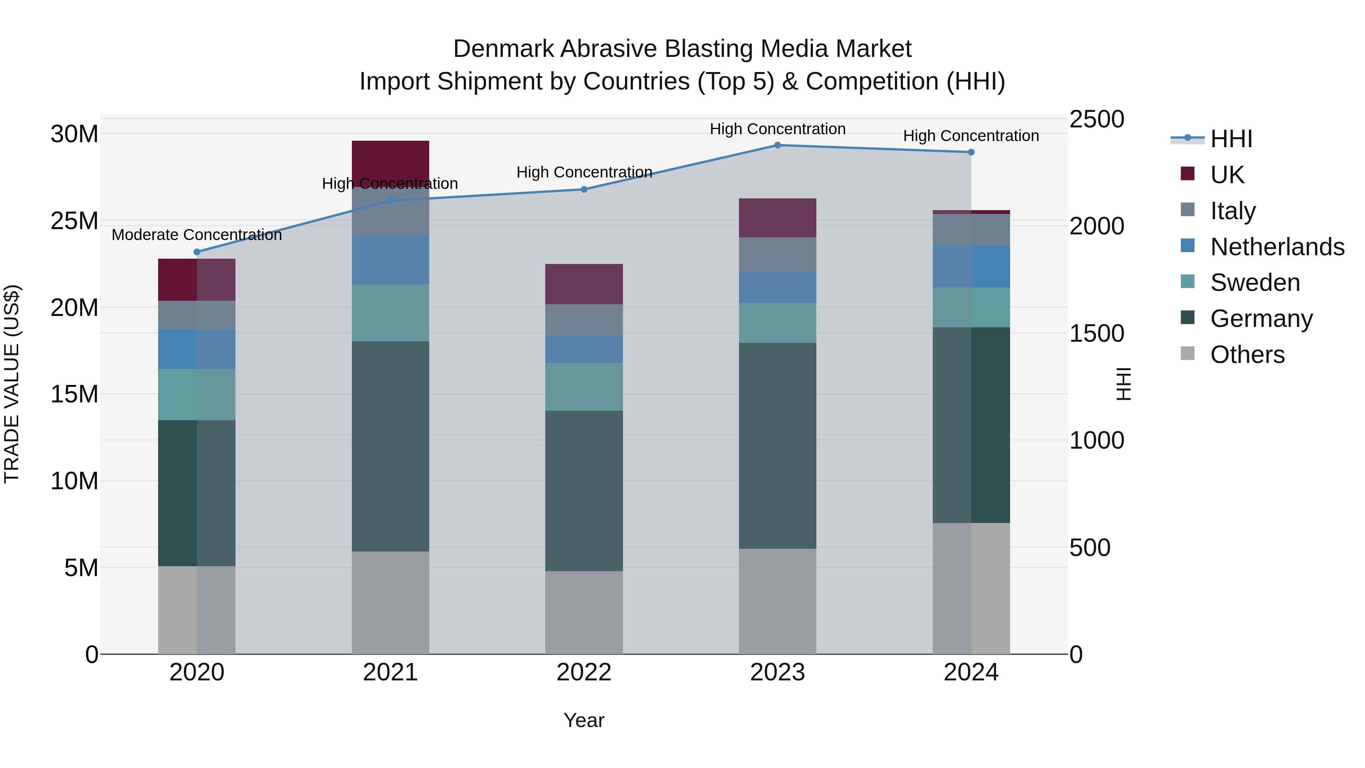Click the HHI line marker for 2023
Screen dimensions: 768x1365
[x=777, y=145]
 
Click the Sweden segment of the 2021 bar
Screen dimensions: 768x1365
[x=391, y=313]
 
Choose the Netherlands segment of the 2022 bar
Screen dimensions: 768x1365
[x=584, y=349]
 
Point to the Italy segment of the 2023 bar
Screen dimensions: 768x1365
[x=777, y=255]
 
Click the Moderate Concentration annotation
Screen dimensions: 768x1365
[x=196, y=235]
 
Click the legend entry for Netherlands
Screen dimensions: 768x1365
[x=1277, y=247]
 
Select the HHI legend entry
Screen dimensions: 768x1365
[x=1231, y=139]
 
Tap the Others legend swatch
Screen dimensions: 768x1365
[x=1188, y=353]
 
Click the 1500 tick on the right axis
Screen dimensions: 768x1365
[x=1096, y=333]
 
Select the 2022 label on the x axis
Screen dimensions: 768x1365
[x=584, y=672]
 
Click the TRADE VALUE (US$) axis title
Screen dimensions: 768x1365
[x=12, y=384]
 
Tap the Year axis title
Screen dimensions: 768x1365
[x=584, y=720]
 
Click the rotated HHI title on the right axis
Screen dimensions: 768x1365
[x=1123, y=384]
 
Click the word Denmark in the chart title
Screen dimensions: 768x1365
[x=504, y=49]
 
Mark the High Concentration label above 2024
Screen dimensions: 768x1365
[x=971, y=136]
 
